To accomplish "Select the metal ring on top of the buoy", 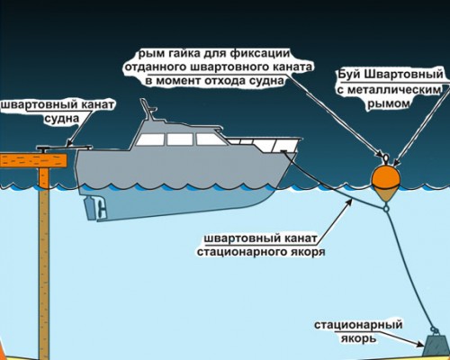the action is [385, 158].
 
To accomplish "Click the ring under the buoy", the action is [386, 207].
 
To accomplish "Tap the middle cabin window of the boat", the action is [180, 139].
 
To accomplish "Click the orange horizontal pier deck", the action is [33, 160].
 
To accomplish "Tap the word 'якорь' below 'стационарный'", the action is [358, 338].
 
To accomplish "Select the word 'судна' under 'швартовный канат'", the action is [62, 119].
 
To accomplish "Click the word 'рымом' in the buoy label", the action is [389, 103].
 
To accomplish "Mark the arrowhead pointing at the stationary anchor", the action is [420, 344].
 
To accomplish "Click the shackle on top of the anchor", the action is [435, 330].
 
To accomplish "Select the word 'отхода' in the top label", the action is [224, 81].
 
